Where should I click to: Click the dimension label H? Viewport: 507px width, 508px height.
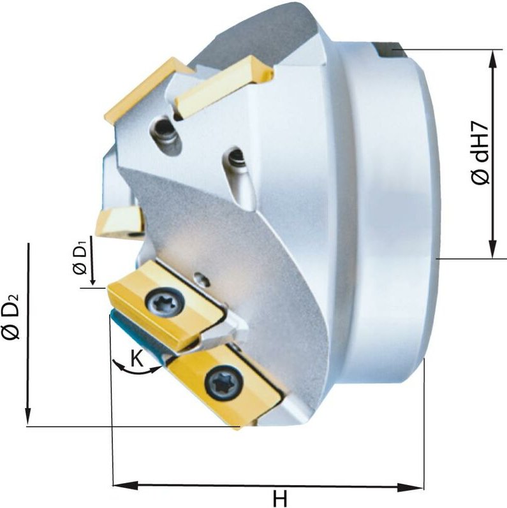coord(279,497)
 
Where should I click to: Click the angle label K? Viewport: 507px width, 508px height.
coord(137,359)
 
